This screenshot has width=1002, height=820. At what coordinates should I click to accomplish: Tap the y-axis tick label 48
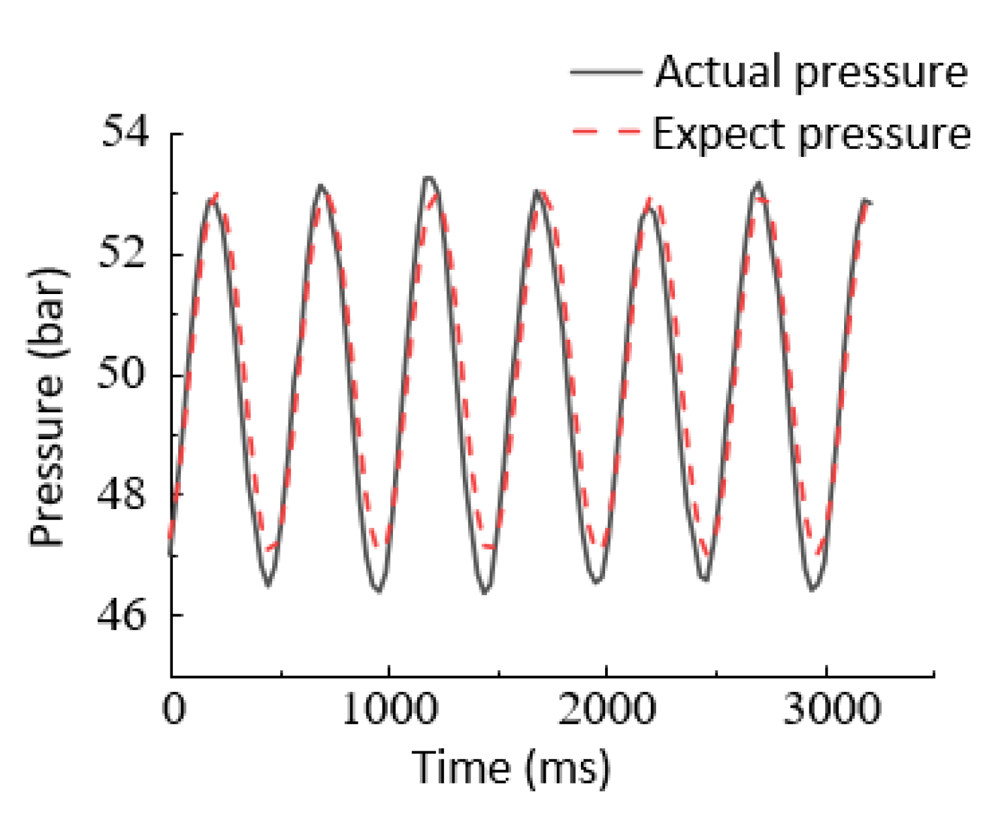[125, 494]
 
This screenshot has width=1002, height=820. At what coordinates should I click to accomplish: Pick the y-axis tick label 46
[125, 615]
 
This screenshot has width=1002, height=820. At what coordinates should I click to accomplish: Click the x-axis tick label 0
[174, 708]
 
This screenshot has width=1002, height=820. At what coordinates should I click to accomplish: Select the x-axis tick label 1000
[390, 708]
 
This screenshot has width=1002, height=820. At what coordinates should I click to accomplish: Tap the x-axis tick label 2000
[607, 708]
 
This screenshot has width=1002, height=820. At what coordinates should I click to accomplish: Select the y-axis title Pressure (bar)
[47, 406]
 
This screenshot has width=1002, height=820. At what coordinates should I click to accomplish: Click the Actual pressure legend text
[811, 71]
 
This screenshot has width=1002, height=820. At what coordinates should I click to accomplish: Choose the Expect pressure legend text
[811, 135]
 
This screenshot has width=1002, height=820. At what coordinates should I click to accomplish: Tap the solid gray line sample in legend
[606, 72]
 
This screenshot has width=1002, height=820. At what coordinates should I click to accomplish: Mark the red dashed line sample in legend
[606, 132]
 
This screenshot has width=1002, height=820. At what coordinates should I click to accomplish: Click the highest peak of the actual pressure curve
[428, 177]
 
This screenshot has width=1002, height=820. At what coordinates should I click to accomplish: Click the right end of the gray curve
[871, 203]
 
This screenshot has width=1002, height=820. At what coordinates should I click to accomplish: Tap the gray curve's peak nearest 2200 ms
[648, 208]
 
